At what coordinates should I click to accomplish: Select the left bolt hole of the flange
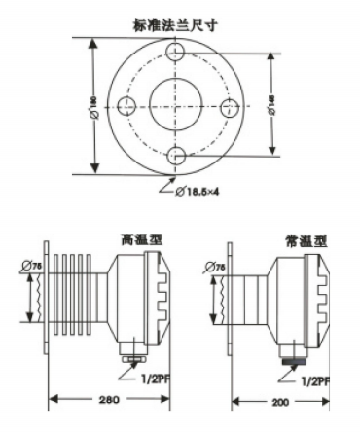click(x=125, y=105)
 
